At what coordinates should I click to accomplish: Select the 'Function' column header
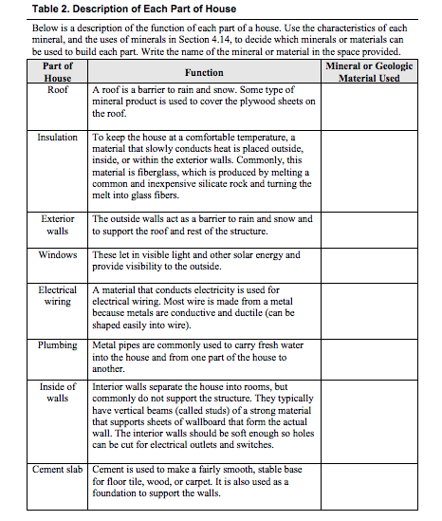tap(204, 72)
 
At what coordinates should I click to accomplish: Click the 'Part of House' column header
tap(58, 72)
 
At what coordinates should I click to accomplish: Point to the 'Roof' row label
tap(58, 90)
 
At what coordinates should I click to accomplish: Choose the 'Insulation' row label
tap(58, 138)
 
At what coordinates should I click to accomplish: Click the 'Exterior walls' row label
tap(58, 225)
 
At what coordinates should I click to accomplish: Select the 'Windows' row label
tap(58, 255)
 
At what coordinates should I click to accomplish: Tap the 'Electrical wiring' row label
tap(58, 295)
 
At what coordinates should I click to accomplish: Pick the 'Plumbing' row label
tap(58, 345)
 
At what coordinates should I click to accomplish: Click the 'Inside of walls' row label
tap(58, 392)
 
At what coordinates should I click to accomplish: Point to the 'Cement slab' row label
tap(58, 470)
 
